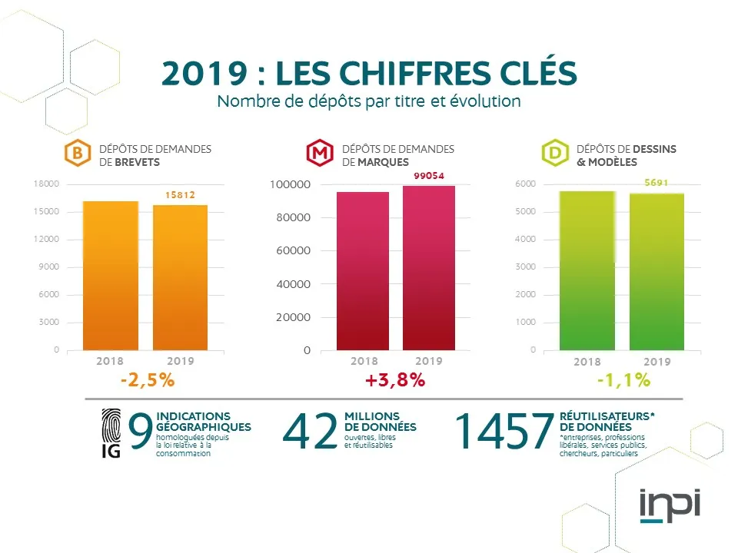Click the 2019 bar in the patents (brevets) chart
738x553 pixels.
pyautogui.click(x=181, y=276)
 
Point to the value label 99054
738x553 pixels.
pyautogui.click(x=429, y=176)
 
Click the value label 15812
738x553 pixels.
pyautogui.click(x=181, y=195)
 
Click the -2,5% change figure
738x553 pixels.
pyautogui.click(x=148, y=380)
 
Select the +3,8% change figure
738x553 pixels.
pyautogui.click(x=395, y=380)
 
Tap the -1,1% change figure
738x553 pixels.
pyautogui.click(x=623, y=380)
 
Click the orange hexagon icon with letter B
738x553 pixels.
pyautogui.click(x=77, y=154)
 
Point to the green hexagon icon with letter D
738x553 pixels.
pyautogui.click(x=554, y=154)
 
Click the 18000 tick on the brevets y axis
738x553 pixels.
pyautogui.click(x=47, y=184)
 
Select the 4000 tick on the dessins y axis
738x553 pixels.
pyautogui.click(x=526, y=240)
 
